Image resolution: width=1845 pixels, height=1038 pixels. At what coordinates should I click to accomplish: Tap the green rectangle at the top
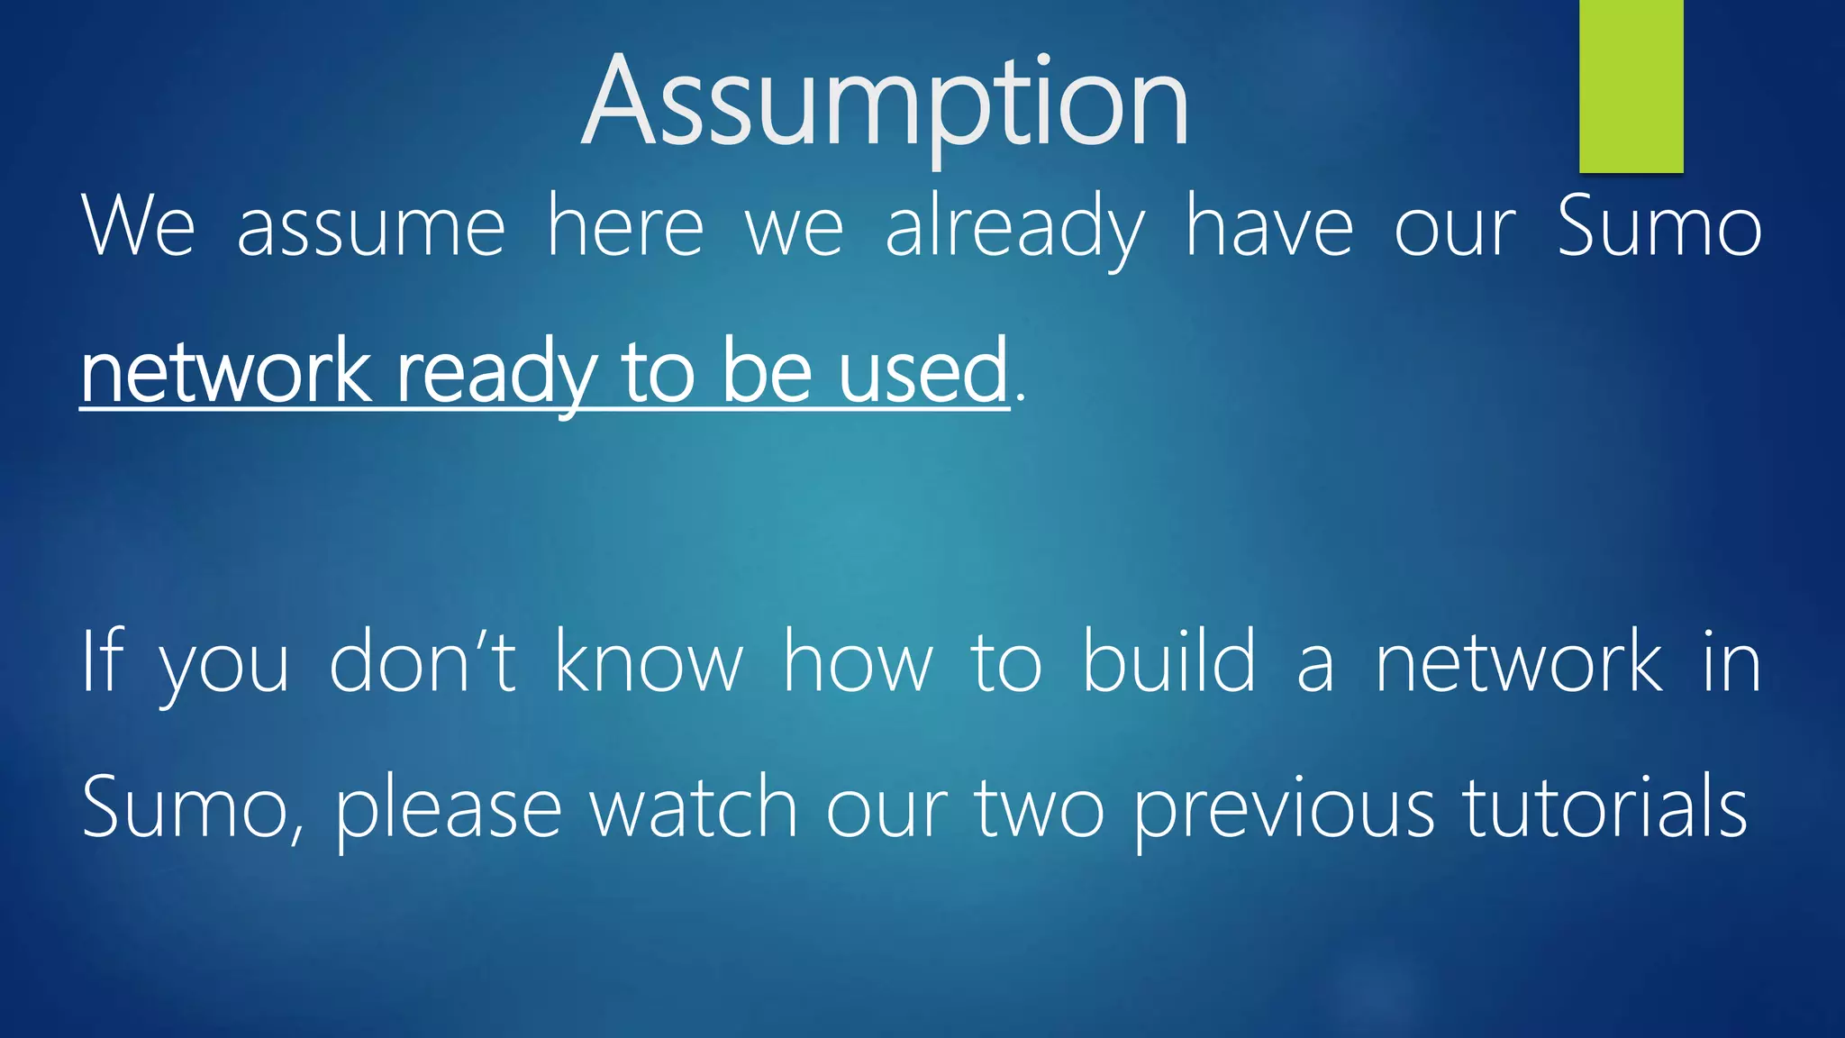(1631, 86)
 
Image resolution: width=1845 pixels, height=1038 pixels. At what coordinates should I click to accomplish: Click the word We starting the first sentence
(138, 227)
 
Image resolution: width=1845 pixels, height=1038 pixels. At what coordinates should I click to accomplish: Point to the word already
(1015, 227)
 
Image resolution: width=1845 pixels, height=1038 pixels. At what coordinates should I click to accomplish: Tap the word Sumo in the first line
(1659, 227)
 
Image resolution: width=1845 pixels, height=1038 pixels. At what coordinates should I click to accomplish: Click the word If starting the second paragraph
(101, 661)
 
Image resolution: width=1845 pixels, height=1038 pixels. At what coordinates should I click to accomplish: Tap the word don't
(423, 661)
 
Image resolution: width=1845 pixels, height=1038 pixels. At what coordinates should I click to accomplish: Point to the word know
(649, 661)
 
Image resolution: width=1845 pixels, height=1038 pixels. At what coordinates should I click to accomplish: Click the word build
(1168, 661)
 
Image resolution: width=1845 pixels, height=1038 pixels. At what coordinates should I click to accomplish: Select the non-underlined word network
(1518, 661)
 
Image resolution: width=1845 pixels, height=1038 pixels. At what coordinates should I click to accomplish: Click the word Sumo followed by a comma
(192, 807)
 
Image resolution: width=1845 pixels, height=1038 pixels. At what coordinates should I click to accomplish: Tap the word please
(449, 809)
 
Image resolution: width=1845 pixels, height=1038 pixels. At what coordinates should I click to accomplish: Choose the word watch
(693, 807)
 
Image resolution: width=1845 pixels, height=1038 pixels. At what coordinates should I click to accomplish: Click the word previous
(1282, 809)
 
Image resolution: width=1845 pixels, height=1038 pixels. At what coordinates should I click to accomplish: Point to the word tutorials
(1604, 807)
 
